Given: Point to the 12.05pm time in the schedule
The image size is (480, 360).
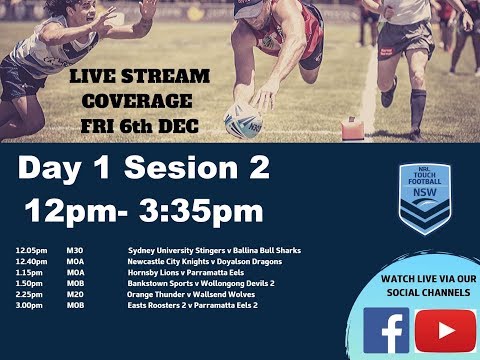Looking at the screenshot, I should coord(30,250).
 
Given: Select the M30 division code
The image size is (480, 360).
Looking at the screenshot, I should coord(76,250).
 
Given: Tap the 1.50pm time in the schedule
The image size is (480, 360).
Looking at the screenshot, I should coord(30,282).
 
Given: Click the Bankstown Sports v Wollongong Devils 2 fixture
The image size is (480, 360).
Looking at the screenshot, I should coord(201,282).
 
